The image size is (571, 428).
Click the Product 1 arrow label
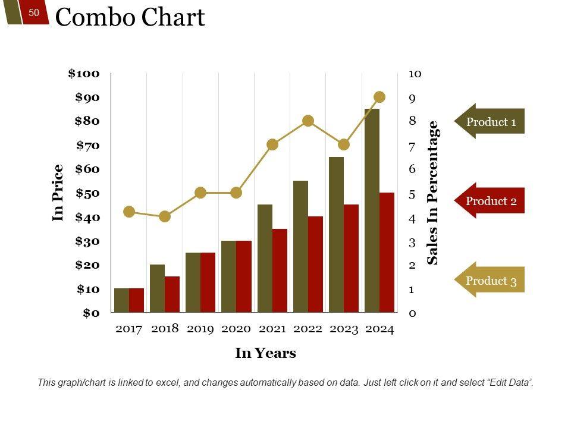pyautogui.click(x=490, y=122)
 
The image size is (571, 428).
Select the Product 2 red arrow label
pyautogui.click(x=490, y=201)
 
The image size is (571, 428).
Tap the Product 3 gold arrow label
pyautogui.click(x=490, y=281)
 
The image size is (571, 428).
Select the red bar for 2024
pyautogui.click(x=387, y=252)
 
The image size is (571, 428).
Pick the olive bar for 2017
pyautogui.click(x=121, y=300)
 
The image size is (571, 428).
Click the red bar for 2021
pyautogui.click(x=280, y=270)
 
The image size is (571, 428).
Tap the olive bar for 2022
pyautogui.click(x=300, y=246)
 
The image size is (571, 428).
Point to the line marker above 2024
pyautogui.click(x=379, y=97)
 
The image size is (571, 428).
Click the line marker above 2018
pyautogui.click(x=165, y=216)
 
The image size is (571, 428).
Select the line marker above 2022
pyautogui.click(x=308, y=121)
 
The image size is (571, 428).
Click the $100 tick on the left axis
pyautogui.click(x=84, y=74)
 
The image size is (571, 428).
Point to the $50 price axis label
pyautogui.click(x=87, y=193)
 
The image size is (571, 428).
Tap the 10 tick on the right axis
pyautogui.click(x=415, y=74)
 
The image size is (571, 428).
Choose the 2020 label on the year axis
pyautogui.click(x=236, y=329)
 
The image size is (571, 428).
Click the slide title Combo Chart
pyautogui.click(x=130, y=18)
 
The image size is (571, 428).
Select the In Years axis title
pyautogui.click(x=265, y=353)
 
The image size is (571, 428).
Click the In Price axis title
pyautogui.click(x=58, y=193)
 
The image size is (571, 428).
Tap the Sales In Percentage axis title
pyautogui.click(x=433, y=193)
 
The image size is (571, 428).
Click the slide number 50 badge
pyautogui.click(x=34, y=12)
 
